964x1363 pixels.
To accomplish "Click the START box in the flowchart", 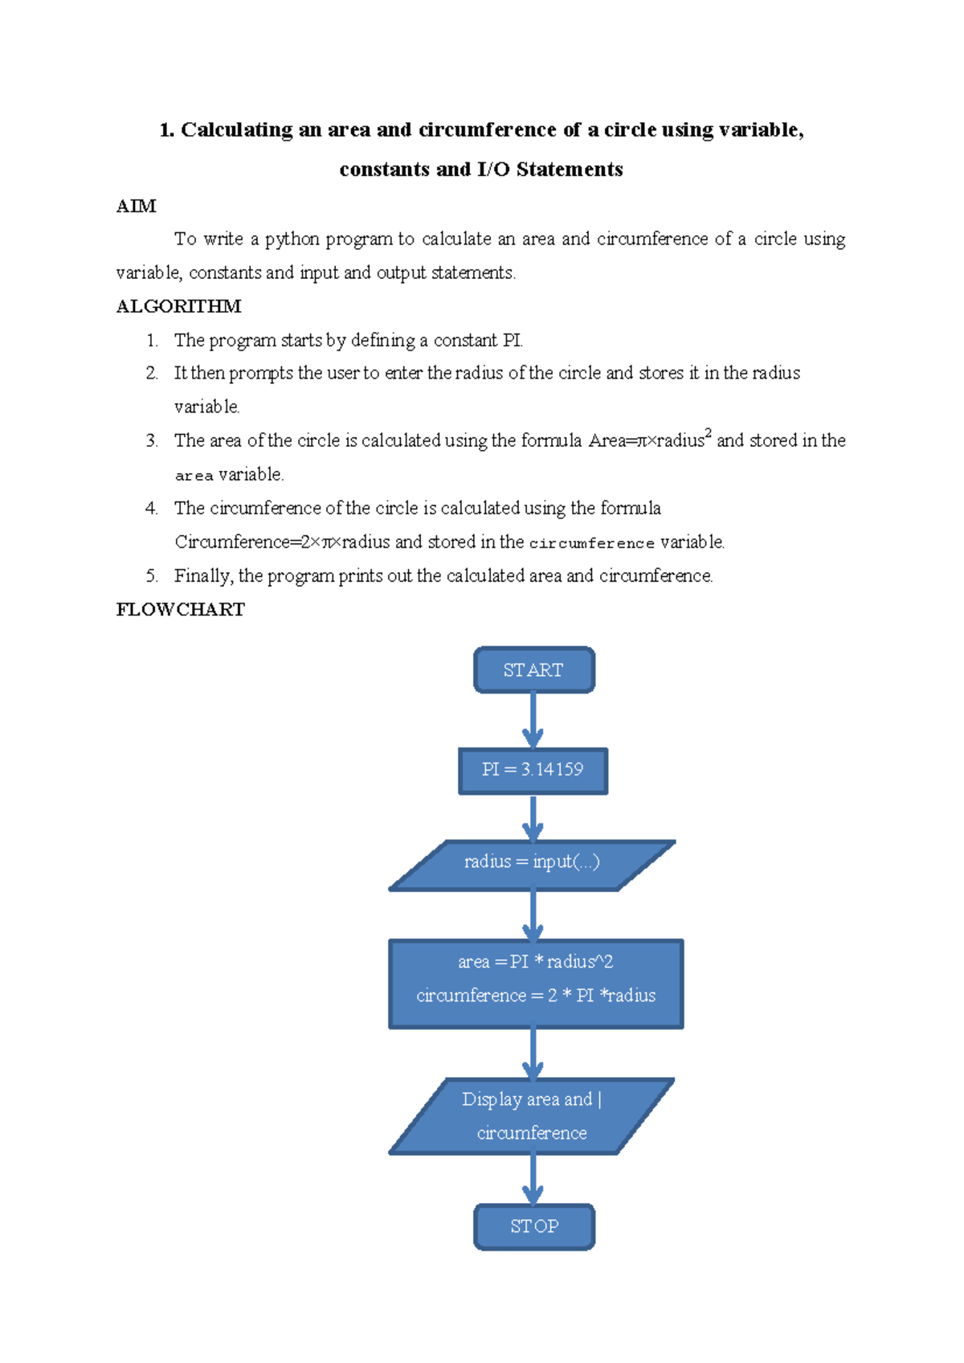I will click(x=533, y=669).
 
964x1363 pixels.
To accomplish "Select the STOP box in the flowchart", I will click(x=533, y=1226).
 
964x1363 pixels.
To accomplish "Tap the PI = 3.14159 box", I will click(x=533, y=770).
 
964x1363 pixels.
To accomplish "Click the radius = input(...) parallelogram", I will click(x=532, y=863).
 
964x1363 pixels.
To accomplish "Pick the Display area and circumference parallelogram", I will click(x=532, y=1115).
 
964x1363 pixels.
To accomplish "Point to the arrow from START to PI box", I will click(x=533, y=720).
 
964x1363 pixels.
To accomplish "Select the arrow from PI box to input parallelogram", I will click(x=533, y=818).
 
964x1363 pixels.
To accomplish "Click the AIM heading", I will click(x=136, y=207).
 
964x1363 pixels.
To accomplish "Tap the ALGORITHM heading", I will click(x=178, y=306).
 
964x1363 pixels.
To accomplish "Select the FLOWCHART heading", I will click(x=180, y=609).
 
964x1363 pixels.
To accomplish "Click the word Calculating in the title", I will click(x=236, y=130).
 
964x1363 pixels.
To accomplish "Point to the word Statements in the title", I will click(x=570, y=170).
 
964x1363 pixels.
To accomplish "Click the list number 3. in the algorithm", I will click(x=152, y=440).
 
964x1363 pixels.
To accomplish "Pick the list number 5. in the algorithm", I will click(x=152, y=575).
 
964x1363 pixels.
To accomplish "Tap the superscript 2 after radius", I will click(x=708, y=433).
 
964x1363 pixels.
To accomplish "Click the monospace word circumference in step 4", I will click(x=592, y=543).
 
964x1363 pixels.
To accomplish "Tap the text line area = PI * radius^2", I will click(x=535, y=962).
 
